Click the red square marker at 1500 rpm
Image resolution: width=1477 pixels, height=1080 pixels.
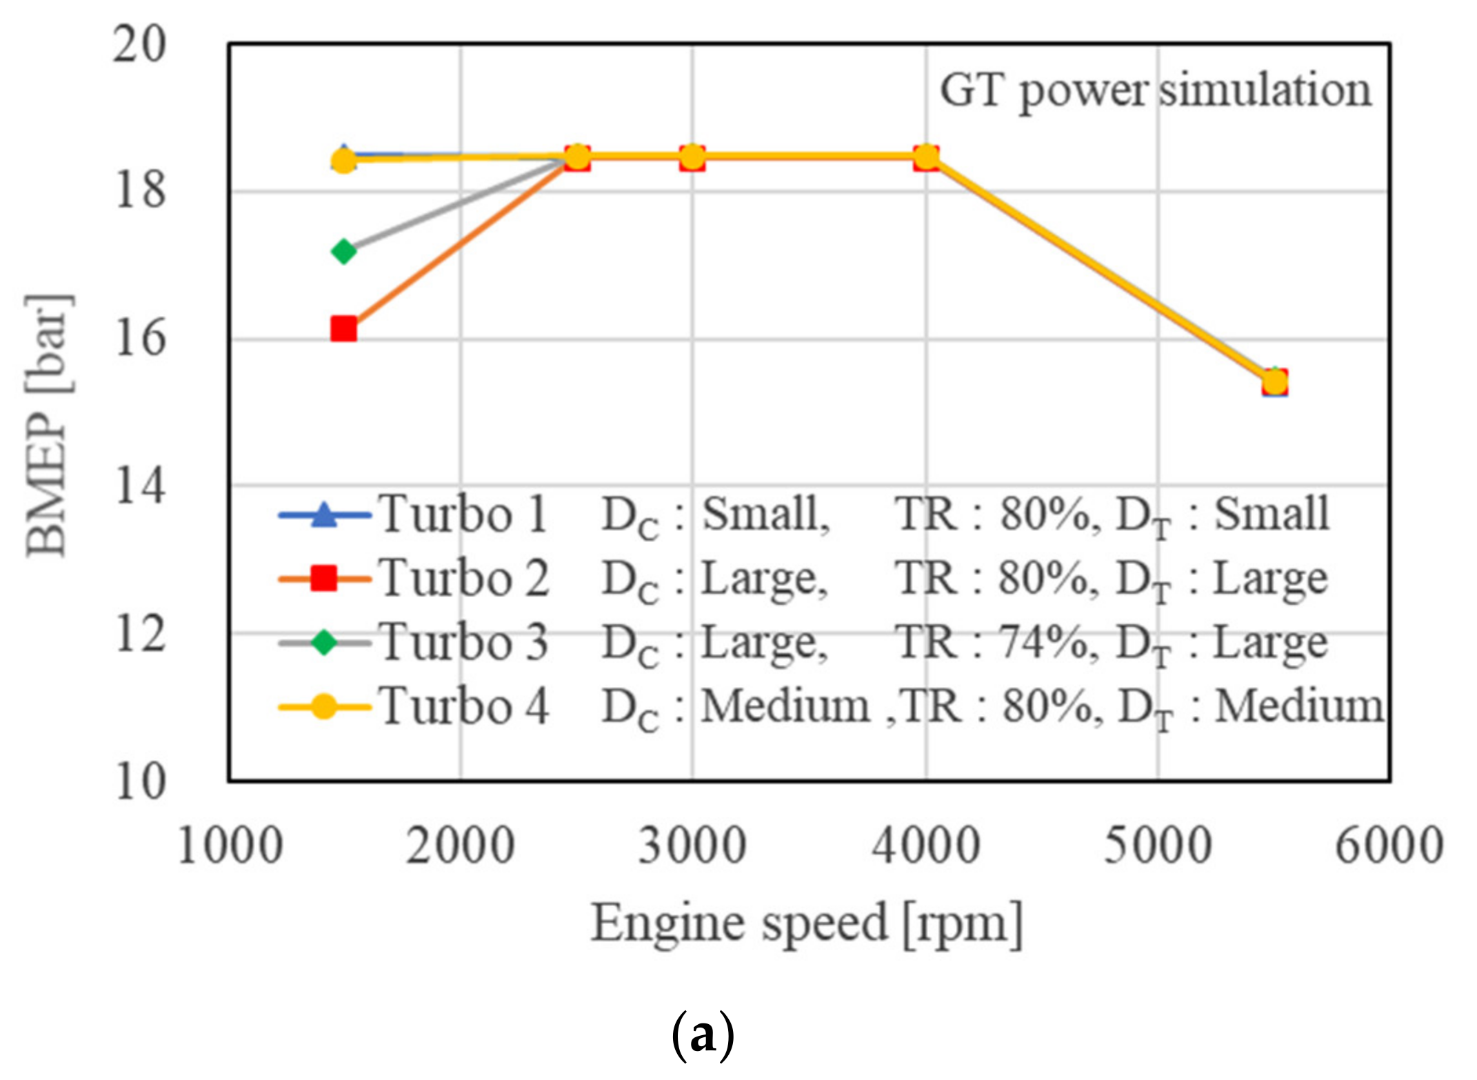343,329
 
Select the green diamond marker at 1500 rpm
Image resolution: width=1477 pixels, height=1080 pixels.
343,251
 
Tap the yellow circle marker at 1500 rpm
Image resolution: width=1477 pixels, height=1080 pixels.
343,161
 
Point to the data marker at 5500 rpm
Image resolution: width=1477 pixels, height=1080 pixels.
1275,381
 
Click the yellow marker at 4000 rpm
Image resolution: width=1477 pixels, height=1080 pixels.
926,157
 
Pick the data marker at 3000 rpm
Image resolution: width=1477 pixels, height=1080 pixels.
692,157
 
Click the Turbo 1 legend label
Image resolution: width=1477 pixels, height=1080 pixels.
464,514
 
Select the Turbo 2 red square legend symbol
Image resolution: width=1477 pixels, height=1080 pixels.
323,578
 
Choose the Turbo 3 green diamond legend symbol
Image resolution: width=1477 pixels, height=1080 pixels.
323,643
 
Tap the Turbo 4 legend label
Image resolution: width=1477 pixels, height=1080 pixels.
464,707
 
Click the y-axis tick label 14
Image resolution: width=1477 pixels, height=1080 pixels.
139,486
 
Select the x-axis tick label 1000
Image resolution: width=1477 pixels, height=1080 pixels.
230,846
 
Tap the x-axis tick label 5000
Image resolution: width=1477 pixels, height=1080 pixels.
1158,846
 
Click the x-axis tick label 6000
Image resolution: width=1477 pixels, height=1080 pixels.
1389,846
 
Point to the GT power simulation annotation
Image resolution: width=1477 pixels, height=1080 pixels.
1156,90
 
